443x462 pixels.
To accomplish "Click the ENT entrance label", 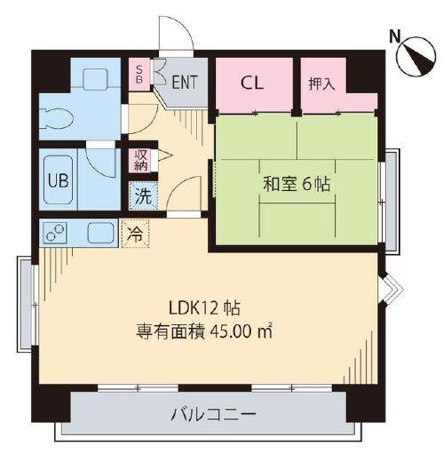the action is [x=185, y=82].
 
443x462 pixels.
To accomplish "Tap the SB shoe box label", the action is [x=139, y=75].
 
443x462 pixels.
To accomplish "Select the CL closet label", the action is [x=252, y=83].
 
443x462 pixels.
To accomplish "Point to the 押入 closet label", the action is [x=321, y=84].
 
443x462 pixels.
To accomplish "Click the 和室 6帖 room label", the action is [x=297, y=184].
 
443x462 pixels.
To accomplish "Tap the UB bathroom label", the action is [x=59, y=180].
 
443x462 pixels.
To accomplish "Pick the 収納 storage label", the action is [x=141, y=160].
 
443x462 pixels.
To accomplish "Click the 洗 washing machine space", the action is [x=143, y=195].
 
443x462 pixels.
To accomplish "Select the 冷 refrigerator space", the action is [x=135, y=234].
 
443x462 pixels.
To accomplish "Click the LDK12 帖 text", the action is [x=204, y=308].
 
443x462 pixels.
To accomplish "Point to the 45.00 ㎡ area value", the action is [x=241, y=332].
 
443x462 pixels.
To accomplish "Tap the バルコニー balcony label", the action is [x=213, y=415].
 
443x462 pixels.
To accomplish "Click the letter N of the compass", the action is [x=394, y=36].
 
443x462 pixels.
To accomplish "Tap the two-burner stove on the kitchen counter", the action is [x=55, y=233].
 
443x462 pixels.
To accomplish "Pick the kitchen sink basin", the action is [x=101, y=233].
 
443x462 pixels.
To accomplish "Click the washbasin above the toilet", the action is [x=95, y=79].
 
